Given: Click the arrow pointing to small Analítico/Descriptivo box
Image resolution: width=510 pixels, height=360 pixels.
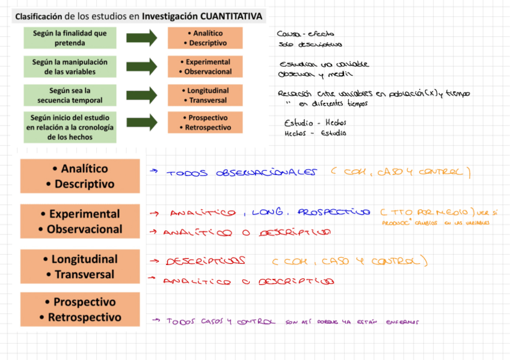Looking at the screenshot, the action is (x=141, y=38).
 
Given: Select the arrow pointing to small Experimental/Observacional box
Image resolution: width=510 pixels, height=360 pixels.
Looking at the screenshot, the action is (x=141, y=67).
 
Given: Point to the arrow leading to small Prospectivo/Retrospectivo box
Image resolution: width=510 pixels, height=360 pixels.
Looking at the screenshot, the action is (x=141, y=123).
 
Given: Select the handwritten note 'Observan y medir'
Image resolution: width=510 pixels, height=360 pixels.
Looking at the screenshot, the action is (x=307, y=75).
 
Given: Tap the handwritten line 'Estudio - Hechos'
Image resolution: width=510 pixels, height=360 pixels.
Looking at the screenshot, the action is (x=315, y=123).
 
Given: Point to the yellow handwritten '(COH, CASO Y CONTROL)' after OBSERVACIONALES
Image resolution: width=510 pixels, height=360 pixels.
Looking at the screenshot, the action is (x=399, y=172).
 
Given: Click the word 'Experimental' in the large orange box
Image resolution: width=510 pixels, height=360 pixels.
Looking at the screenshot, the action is (x=84, y=214).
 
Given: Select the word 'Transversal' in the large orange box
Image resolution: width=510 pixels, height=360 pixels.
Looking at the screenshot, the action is (x=84, y=275).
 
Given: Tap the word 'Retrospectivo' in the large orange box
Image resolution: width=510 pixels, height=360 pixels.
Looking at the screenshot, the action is (x=84, y=317).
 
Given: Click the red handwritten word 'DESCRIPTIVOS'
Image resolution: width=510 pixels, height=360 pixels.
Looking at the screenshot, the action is (x=205, y=261).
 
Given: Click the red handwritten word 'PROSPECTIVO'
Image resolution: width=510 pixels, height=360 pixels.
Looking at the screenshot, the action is (x=334, y=212).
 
